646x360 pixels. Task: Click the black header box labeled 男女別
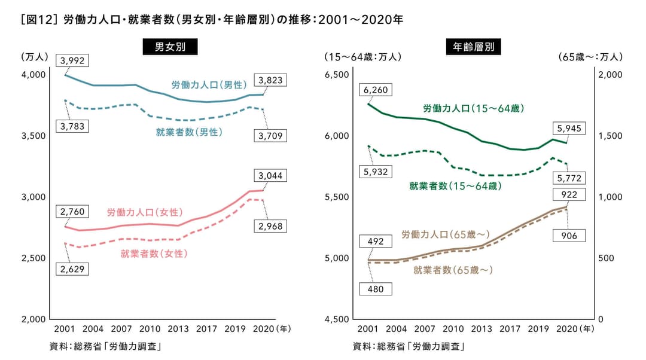pos(170,47)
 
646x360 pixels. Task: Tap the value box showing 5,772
pos(569,178)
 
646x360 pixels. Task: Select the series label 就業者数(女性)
pos(154,254)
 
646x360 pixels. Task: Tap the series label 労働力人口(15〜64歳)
pos(474,108)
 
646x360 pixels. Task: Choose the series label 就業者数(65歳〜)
pos(453,270)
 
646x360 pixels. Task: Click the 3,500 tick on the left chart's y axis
pos(34,136)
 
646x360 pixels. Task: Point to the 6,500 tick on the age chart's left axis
pos(337,75)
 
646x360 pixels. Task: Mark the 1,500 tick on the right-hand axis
pos(611,136)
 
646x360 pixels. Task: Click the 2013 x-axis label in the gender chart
pos(179,330)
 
